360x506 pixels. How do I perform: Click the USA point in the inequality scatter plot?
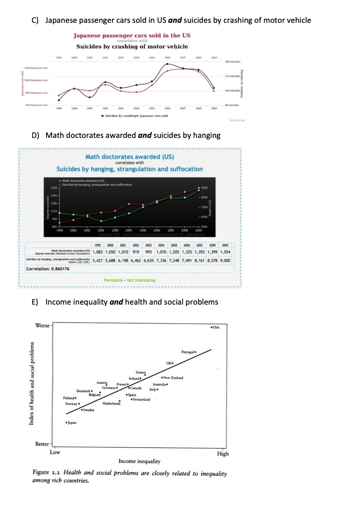coord(211,327)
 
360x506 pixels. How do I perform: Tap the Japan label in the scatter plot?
coord(72,423)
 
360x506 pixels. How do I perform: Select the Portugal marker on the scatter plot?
coord(196,353)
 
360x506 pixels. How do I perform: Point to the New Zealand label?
coord(174,378)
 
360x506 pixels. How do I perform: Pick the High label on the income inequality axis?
coord(223,453)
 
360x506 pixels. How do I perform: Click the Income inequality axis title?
coord(139,461)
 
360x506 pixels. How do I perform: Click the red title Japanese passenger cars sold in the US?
coord(132,35)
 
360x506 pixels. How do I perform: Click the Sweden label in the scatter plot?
coord(89,411)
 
